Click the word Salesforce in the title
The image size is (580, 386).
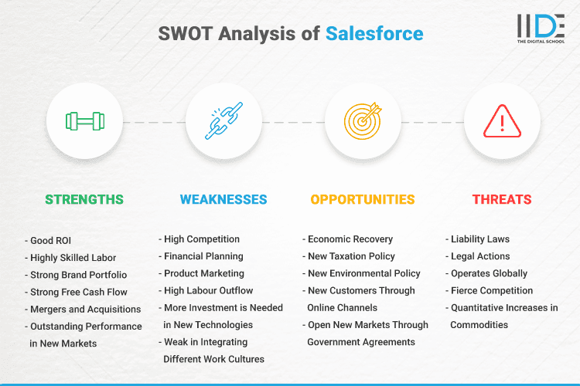click(x=374, y=33)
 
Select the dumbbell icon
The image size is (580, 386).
click(x=84, y=121)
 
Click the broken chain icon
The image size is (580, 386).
click(x=223, y=121)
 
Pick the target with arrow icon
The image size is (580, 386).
click(x=363, y=121)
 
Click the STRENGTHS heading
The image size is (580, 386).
click(x=84, y=199)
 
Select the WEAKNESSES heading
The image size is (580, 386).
click(x=223, y=199)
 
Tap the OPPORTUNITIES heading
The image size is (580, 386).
click(x=363, y=199)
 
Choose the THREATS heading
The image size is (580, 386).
click(x=502, y=199)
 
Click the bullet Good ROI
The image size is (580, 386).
click(x=51, y=239)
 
